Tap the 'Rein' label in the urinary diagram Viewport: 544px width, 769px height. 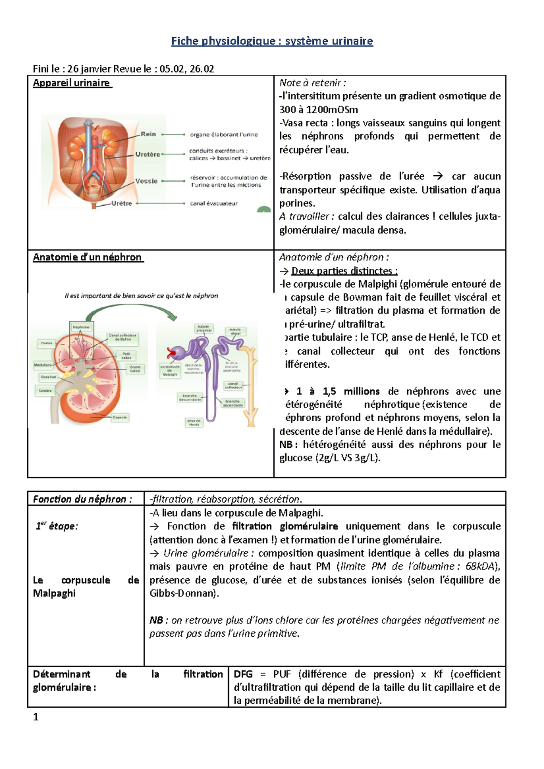click(x=148, y=134)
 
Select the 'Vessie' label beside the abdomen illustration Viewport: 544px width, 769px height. click(x=146, y=181)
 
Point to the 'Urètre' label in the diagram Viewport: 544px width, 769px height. click(x=122, y=203)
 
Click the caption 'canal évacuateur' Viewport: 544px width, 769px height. click(x=214, y=203)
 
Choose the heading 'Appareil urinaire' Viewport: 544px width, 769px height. click(x=72, y=83)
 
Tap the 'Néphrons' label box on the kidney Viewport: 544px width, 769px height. click(x=81, y=327)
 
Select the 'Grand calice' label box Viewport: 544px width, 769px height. click(x=135, y=369)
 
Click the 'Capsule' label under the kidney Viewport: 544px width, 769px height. click(x=120, y=417)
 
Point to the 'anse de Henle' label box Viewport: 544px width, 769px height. click(x=194, y=422)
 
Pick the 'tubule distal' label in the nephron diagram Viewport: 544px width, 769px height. click(x=235, y=331)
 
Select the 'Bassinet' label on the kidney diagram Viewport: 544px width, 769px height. click(x=49, y=377)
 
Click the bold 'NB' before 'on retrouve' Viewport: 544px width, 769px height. click(x=156, y=620)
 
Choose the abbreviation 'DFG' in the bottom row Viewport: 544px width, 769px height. click(x=243, y=674)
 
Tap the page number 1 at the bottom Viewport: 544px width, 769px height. click(x=36, y=717)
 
